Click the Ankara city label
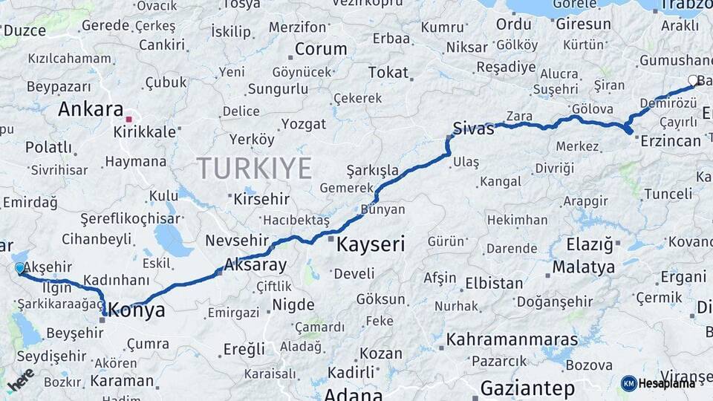91,109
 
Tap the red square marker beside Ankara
129,119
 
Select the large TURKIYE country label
254,169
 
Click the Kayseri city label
371,244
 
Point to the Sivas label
474,128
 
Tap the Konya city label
137,310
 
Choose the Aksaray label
255,264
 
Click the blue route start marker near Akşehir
20,268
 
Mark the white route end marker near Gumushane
693,80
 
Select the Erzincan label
670,140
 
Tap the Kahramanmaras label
512,339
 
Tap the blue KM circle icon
628,383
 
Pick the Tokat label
388,72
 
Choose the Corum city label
321,49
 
